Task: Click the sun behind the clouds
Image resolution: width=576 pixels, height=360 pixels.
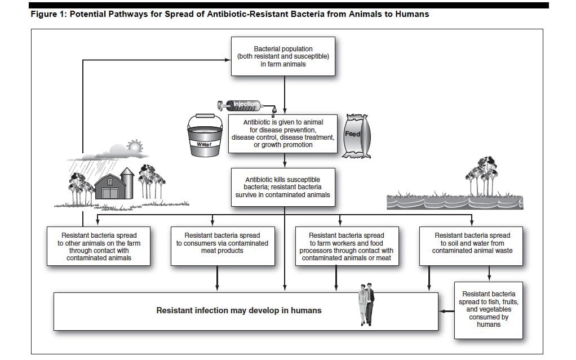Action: [x=134, y=148]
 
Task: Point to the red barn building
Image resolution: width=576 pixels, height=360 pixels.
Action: [x=109, y=185]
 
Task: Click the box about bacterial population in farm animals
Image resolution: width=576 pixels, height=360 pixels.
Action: [x=283, y=56]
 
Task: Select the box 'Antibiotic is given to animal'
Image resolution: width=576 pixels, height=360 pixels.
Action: [x=283, y=133]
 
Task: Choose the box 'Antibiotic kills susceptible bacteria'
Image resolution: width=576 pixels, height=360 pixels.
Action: [x=283, y=187]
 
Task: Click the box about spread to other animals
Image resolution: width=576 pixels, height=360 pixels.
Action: [x=99, y=246]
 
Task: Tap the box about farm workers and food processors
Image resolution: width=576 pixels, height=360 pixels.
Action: [x=346, y=246]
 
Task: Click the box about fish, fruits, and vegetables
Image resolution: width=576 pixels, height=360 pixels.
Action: [x=488, y=309]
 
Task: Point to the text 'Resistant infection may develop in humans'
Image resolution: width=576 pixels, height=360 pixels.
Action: [x=239, y=310]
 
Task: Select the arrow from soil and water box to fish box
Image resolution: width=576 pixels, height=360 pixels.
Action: [x=489, y=275]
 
